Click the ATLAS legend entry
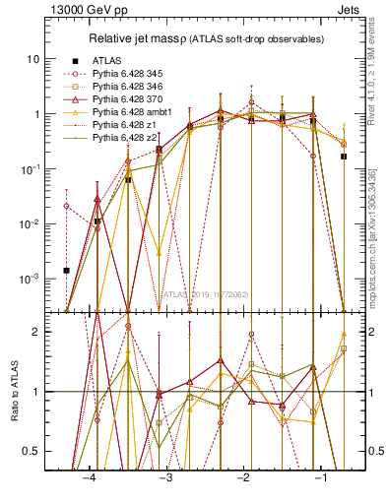point(107,59)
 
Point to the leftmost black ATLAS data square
point(66,270)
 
